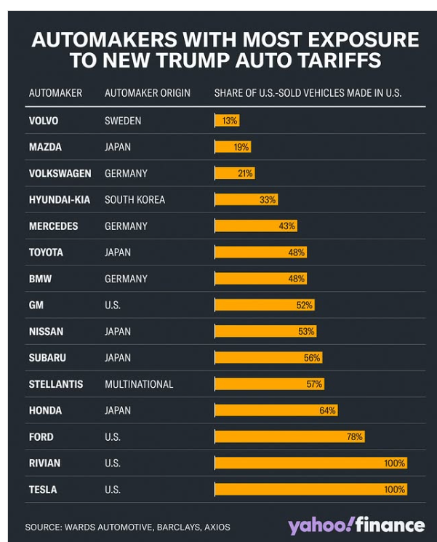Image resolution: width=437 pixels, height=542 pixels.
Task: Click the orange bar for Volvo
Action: click(226, 121)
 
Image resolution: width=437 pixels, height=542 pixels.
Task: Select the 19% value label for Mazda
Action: click(241, 147)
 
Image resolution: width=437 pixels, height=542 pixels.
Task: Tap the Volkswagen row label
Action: click(60, 173)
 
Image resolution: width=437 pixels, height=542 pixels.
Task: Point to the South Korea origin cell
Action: click(135, 199)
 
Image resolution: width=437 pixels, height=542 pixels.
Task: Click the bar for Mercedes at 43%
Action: click(255, 226)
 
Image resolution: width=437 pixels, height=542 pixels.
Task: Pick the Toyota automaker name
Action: click(46, 252)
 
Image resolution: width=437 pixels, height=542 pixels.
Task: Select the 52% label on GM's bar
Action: click(305, 305)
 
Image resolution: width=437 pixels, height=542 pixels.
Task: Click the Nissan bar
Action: click(265, 331)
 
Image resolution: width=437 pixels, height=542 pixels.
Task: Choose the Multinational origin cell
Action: click(139, 384)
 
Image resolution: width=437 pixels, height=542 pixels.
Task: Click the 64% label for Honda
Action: click(327, 410)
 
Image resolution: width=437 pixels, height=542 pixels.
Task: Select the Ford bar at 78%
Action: click(289, 437)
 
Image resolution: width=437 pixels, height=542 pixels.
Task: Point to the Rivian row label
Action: click(44, 463)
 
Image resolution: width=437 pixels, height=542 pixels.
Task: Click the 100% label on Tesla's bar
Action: click(395, 490)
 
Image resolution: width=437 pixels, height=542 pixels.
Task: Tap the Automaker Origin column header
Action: click(147, 93)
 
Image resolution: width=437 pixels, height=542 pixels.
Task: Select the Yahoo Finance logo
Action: click(356, 525)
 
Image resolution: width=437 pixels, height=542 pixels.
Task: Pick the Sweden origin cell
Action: click(123, 121)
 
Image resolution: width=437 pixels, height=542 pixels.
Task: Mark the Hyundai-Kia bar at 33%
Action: click(246, 199)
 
